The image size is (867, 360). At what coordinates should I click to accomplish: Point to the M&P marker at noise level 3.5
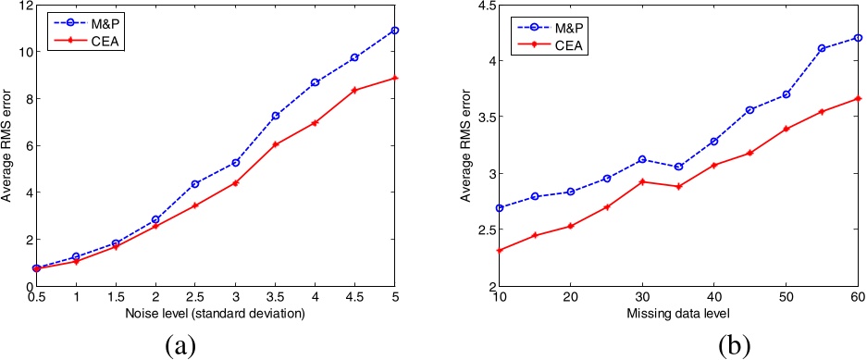[276, 116]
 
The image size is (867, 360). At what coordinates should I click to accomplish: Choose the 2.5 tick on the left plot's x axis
[195, 299]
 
